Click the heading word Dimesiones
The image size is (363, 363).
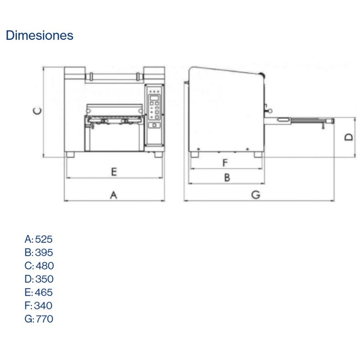coord(39,35)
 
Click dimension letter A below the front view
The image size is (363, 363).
coord(114,195)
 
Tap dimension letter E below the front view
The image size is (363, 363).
coord(114,172)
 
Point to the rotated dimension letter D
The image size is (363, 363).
coord(348,137)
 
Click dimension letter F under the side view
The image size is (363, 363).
coord(225,162)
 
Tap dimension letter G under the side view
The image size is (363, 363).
coord(256,195)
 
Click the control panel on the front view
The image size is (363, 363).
coord(155,113)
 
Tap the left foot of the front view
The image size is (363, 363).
coord(71,155)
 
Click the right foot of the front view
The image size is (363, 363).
coord(157,155)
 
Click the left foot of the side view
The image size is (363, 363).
coord(194,155)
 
